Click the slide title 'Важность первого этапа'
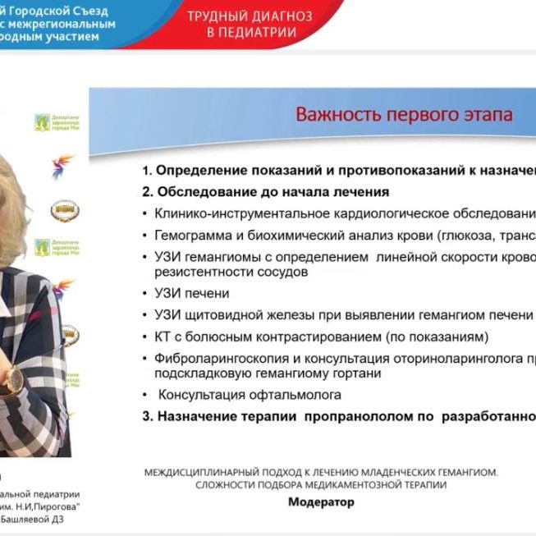(x=404, y=113)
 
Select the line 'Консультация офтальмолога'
(x=238, y=395)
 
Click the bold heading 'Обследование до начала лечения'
(x=272, y=192)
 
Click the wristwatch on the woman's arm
(x=15, y=378)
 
